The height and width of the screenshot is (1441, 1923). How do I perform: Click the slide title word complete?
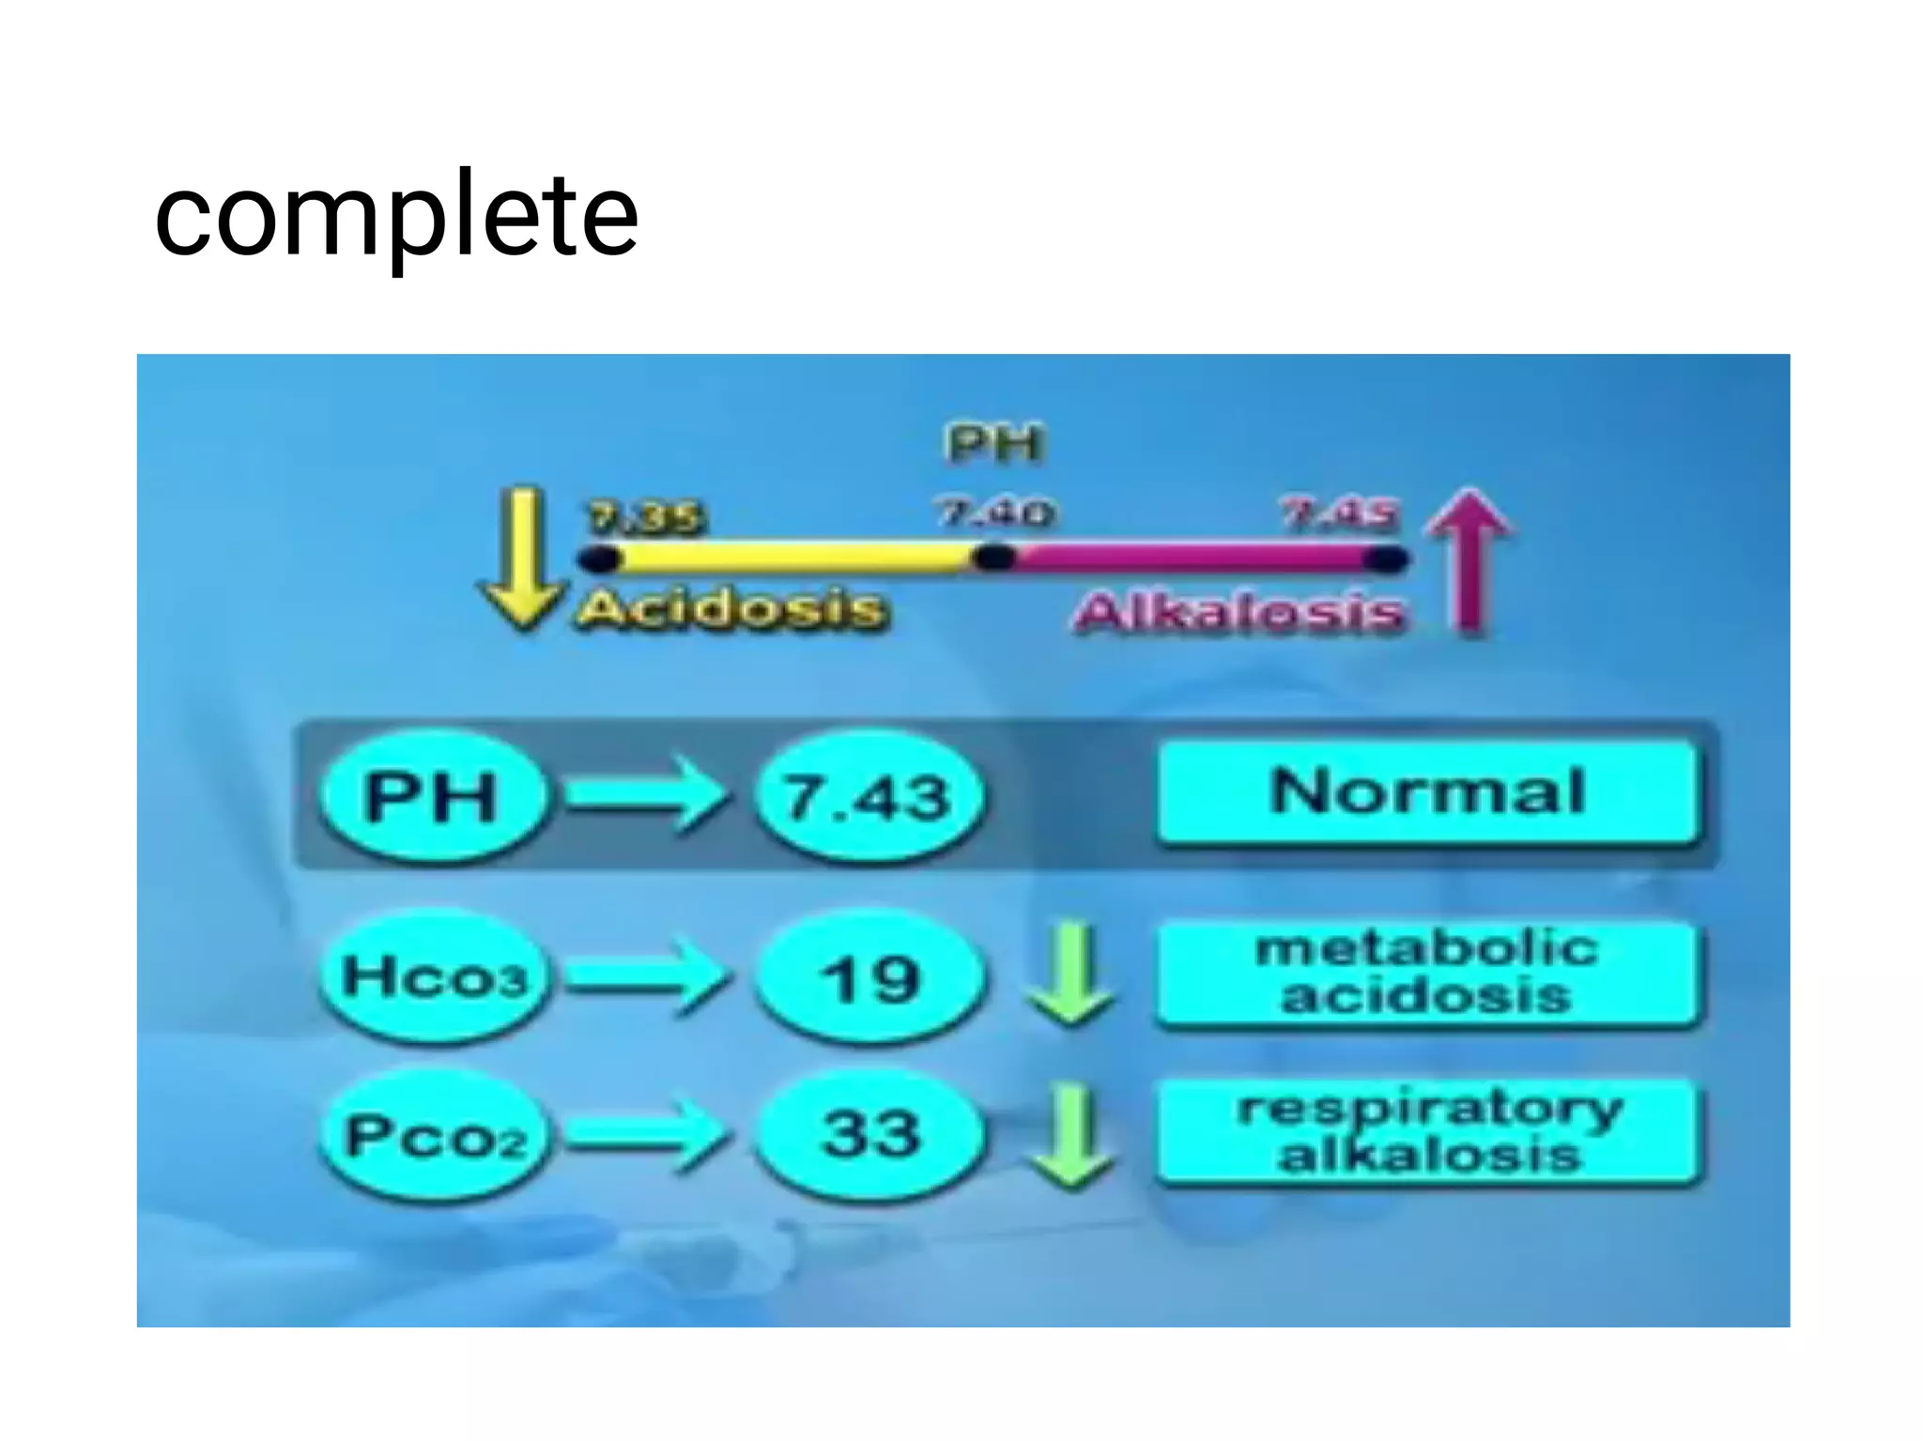click(396, 218)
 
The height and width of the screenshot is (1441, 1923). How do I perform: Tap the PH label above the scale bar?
click(993, 443)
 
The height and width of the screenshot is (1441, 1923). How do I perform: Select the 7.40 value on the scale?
click(995, 513)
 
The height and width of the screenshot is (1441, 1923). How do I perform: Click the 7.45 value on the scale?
click(1341, 514)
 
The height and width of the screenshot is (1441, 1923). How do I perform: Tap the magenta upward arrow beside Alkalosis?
click(1469, 560)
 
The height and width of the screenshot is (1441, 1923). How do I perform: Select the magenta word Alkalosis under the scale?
click(1239, 612)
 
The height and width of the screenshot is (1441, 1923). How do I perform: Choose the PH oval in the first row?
click(432, 796)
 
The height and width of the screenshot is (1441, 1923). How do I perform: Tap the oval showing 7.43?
click(869, 796)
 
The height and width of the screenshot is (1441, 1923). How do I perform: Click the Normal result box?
click(1427, 792)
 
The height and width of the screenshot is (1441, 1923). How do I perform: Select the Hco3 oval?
click(434, 976)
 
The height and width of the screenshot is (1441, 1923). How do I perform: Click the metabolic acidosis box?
click(1427, 973)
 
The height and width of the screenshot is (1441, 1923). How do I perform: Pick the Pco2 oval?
click(434, 1136)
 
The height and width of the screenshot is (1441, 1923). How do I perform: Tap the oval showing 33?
click(869, 1134)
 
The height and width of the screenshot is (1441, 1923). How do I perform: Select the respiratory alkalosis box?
click(1427, 1132)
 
